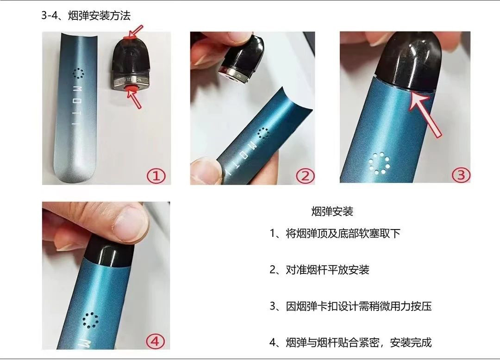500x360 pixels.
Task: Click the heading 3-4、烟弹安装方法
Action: point(86,16)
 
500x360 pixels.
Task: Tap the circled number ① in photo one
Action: point(156,176)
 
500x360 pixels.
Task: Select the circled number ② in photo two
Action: point(305,176)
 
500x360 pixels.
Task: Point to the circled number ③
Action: point(461,175)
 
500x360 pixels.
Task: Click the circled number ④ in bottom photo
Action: point(155,341)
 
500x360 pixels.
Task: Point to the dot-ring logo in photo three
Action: point(380,163)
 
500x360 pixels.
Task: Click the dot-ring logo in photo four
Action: point(90,320)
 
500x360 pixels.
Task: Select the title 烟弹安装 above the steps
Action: point(332,211)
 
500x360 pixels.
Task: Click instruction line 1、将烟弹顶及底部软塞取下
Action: point(335,234)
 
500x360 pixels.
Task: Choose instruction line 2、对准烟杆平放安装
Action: point(319,270)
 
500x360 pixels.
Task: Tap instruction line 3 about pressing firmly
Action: point(350,306)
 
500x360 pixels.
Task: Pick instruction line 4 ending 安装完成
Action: point(350,342)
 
